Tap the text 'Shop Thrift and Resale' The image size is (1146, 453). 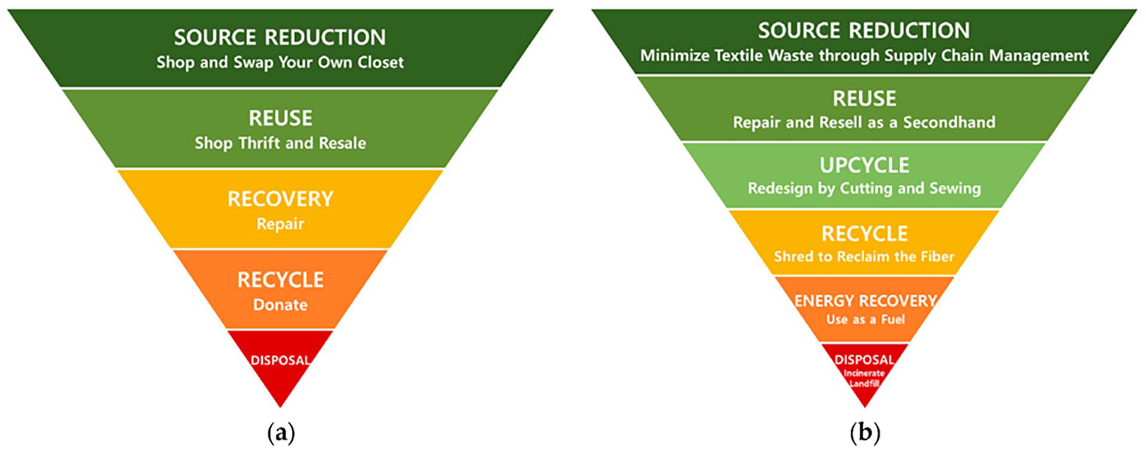click(x=280, y=143)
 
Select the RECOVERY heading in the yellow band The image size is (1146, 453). click(x=280, y=199)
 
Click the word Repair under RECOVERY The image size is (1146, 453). click(x=280, y=224)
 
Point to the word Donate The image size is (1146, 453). click(x=280, y=305)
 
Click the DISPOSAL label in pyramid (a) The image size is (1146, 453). click(x=280, y=360)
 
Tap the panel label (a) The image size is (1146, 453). click(x=281, y=433)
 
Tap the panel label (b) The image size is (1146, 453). click(x=865, y=433)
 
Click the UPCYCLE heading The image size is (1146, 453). click(x=864, y=165)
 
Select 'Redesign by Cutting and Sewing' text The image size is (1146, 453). click(x=864, y=189)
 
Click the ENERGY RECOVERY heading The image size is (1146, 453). click(x=865, y=301)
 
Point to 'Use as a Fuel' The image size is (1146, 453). click(x=865, y=319)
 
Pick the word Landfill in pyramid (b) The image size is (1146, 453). click(x=865, y=383)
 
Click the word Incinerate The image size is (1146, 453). click(x=865, y=373)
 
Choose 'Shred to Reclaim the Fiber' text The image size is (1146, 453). click(x=864, y=257)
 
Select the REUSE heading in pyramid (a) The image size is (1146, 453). click(x=280, y=118)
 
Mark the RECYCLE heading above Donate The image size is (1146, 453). click(x=280, y=280)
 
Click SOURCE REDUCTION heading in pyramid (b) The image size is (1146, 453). click(x=864, y=31)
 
